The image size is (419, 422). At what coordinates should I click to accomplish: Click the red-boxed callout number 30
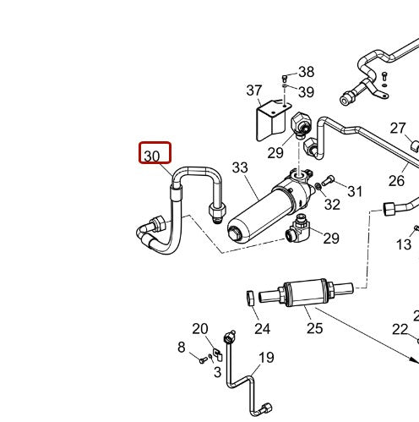pos(155,154)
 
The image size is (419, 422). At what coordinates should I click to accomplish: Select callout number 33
pos(241,169)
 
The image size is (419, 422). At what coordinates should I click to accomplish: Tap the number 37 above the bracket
pos(255,90)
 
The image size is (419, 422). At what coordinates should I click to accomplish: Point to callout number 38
pos(305,73)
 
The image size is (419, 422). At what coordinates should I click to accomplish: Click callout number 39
pos(306,91)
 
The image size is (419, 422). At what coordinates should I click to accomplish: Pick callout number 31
pos(355,192)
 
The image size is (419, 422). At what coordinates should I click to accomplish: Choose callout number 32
pos(332,204)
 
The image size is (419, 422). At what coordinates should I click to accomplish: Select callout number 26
pos(396,180)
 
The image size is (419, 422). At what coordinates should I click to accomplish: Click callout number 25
pos(314,328)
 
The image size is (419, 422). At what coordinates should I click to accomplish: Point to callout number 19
pos(266,358)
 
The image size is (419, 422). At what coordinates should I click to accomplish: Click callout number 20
pos(200,329)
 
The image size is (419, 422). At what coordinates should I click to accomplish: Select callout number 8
pos(181,348)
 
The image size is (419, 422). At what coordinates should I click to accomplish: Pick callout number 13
pos(405,245)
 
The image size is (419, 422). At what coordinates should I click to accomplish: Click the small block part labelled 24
pos(251,298)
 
